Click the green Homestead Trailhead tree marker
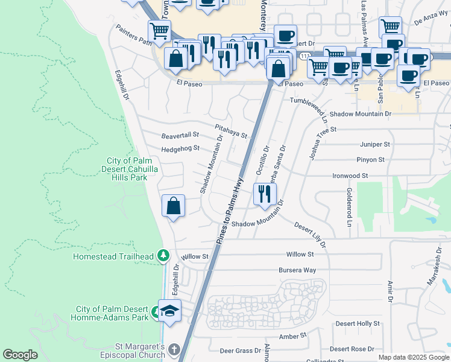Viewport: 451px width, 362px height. coord(163,256)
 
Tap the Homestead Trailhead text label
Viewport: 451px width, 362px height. coord(113,256)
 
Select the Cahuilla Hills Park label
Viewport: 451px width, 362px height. coord(132,170)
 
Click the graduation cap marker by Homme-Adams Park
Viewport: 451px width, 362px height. coord(169,311)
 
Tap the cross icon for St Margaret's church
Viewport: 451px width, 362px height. coord(174,350)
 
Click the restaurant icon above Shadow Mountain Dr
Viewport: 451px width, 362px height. coord(265,194)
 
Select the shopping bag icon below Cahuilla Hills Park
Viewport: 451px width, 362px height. coord(173,206)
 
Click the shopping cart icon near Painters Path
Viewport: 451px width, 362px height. coord(159,30)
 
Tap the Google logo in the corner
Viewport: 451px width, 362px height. coord(20,355)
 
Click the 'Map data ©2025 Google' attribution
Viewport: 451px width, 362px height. coord(414,357)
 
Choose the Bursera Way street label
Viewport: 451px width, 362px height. coord(297,270)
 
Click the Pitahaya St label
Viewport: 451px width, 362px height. coord(232,131)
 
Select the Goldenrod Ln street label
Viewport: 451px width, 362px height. coord(349,207)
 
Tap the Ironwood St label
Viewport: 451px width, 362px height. coord(350,176)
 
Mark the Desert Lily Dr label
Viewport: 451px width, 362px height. coord(310,235)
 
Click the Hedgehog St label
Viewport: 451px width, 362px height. coord(180,148)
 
